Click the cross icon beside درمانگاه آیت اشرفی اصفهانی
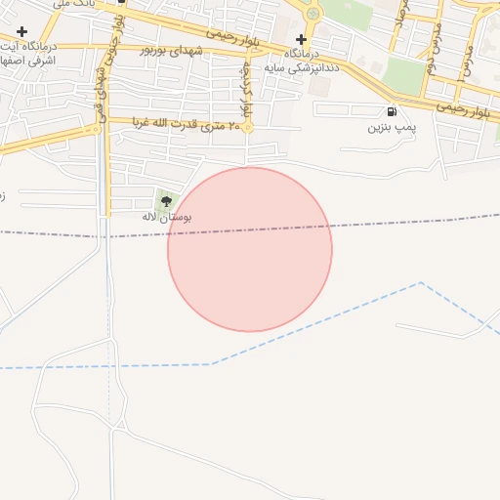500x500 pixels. pyautogui.click(x=21, y=32)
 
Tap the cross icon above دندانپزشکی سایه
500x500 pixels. pyautogui.click(x=301, y=38)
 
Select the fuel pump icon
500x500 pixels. pyautogui.click(x=392, y=111)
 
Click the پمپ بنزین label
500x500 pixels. pyautogui.click(x=392, y=127)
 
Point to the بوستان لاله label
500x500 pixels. pyautogui.click(x=166, y=216)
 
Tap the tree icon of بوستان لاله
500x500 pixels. pyautogui.click(x=166, y=201)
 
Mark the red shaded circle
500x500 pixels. pyautogui.click(x=250, y=250)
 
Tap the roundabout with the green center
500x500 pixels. pyautogui.click(x=312, y=14)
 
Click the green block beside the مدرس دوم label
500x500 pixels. pyautogui.click(x=402, y=74)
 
